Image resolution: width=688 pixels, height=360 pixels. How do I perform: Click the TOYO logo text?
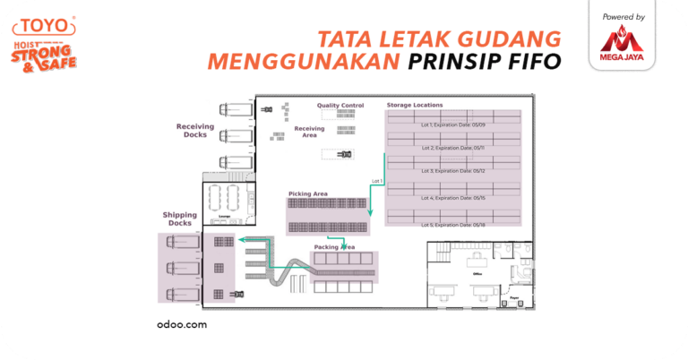43,25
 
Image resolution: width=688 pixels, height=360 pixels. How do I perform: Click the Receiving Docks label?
194,131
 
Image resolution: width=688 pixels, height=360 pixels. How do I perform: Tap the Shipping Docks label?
179,219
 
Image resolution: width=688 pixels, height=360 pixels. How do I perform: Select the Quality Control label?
340,106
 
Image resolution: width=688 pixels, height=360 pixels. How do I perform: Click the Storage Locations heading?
413,106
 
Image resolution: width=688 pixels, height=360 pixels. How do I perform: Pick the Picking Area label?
307,193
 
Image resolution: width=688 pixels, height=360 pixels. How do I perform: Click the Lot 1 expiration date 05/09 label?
452,124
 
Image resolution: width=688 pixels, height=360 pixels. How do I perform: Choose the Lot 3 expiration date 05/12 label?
452,170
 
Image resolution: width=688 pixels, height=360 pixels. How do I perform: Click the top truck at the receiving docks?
235,110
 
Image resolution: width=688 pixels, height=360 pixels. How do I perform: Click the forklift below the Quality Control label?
343,154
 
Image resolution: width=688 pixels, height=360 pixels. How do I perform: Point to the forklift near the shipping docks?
237,294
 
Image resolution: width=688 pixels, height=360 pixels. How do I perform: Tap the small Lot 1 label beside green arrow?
376,182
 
